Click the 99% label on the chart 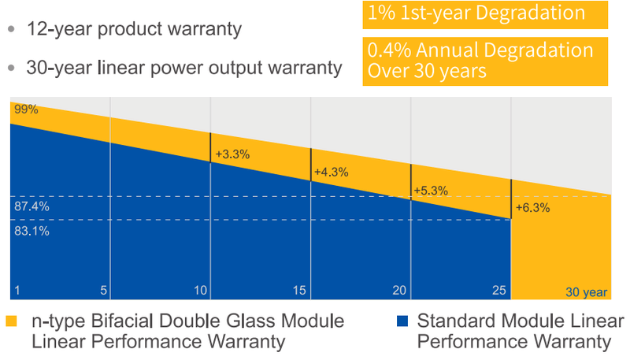(25, 109)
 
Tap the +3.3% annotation (232, 154)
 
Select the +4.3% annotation (331, 172)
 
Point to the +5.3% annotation (430, 190)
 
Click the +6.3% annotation (532, 209)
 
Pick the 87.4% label (31, 206)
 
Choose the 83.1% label (31, 231)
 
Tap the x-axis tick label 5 (103, 291)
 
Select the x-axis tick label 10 (201, 291)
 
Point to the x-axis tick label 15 (299, 291)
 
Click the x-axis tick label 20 (399, 291)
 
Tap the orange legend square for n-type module (11, 321)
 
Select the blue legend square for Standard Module (402, 321)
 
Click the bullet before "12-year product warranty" (11, 30)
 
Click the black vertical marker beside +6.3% (511, 199)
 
